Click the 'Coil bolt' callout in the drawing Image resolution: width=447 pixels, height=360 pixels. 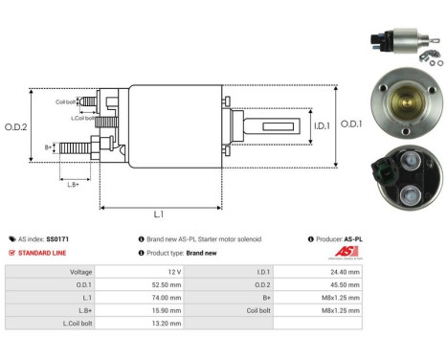pyautogui.click(x=65, y=101)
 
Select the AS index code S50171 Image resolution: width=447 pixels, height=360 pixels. pyautogui.click(x=58, y=238)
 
